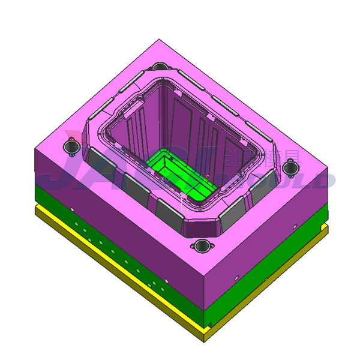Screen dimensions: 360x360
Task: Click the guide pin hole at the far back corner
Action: click(160, 67)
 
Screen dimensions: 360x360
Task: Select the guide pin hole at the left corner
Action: click(72, 146)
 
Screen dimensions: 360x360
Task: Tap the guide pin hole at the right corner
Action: click(290, 169)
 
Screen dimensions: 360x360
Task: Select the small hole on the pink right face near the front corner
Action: click(236, 277)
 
